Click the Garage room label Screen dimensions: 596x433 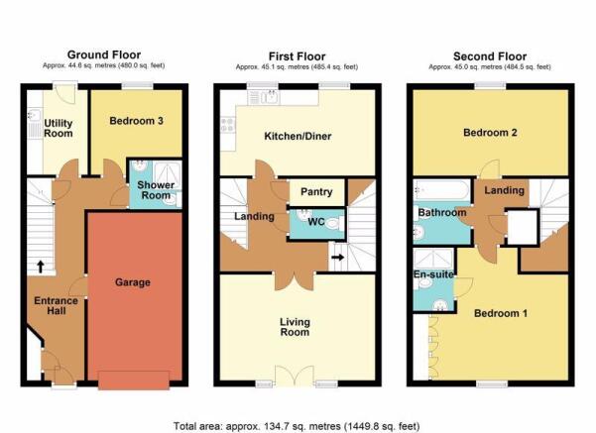coord(133,282)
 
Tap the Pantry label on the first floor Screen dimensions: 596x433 coord(316,192)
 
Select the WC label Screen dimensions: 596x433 coord(316,221)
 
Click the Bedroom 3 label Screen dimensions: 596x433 coord(137,121)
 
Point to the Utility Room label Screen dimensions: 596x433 coord(59,129)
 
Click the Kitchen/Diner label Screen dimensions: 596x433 coord(298,136)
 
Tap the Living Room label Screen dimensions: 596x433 coord(295,327)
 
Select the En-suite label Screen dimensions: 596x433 coord(433,274)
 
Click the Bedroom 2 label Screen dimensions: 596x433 coord(490,133)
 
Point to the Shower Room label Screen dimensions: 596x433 coord(156,190)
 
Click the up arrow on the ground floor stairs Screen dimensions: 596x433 coord(41,267)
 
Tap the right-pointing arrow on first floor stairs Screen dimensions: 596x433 coord(337,258)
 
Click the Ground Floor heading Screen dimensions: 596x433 coord(104,54)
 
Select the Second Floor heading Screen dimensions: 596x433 coord(490,56)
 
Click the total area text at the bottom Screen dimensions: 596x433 coord(297,426)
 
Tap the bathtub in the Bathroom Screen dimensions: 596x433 coord(441,190)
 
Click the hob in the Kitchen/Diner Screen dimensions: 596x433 coord(228,124)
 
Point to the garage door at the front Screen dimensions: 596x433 coord(134,380)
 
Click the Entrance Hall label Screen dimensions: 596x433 coord(56,306)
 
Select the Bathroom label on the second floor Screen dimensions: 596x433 coord(442,212)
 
